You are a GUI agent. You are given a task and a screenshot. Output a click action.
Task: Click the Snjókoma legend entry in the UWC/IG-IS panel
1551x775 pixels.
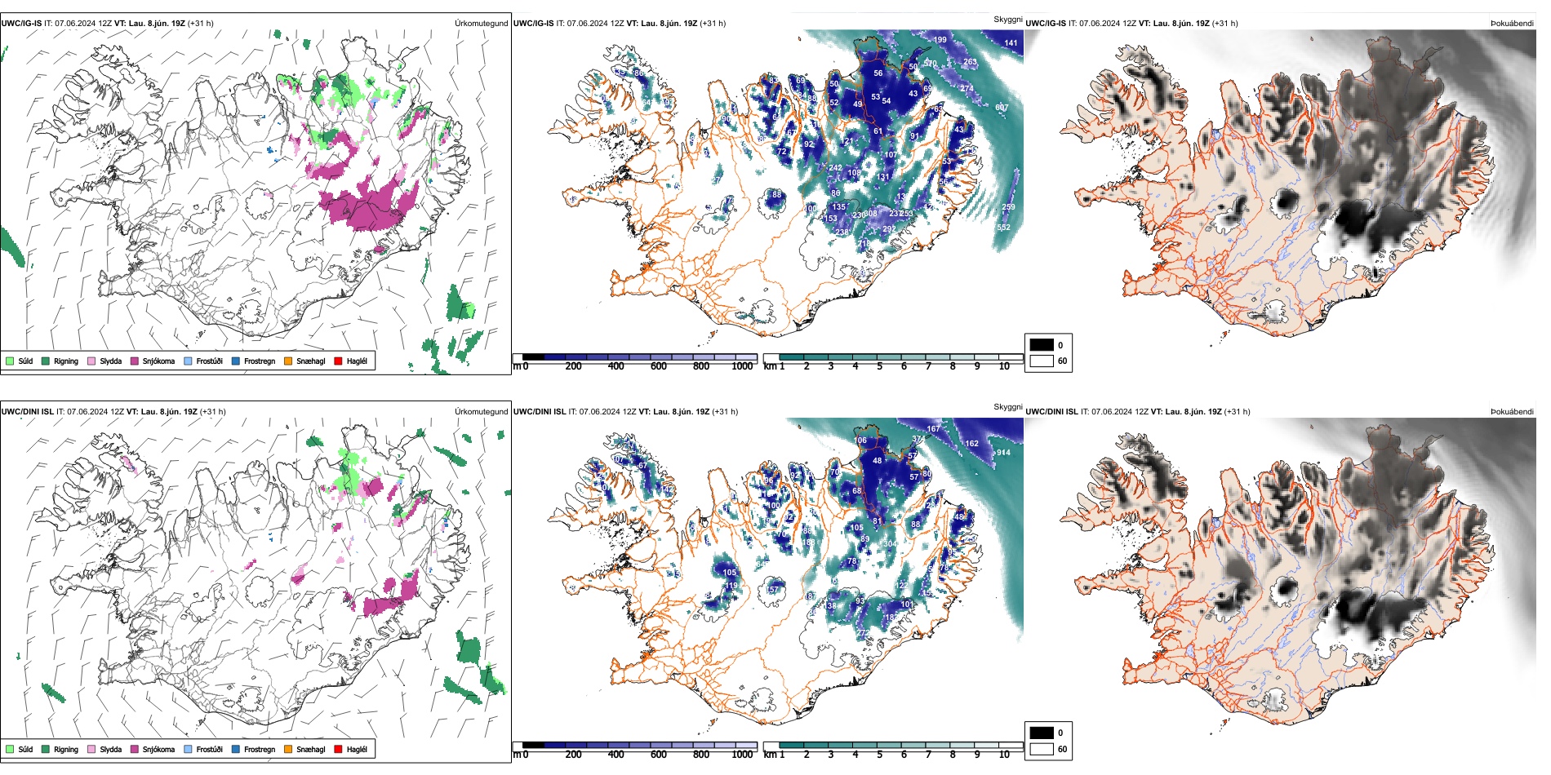(x=158, y=361)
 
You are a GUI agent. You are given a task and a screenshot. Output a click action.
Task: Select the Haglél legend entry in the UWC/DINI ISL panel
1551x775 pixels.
(x=356, y=750)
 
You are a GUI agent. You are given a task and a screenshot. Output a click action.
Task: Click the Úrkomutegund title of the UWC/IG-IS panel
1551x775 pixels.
(x=481, y=24)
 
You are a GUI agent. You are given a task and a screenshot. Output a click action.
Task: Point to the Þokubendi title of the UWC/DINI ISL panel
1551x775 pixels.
(x=1512, y=412)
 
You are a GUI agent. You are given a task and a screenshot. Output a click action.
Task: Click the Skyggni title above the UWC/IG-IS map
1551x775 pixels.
(x=1007, y=20)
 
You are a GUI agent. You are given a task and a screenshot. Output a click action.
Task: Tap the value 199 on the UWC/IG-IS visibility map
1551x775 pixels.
(x=940, y=40)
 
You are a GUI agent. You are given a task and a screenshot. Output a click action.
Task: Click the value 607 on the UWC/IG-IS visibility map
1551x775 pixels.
(x=1002, y=108)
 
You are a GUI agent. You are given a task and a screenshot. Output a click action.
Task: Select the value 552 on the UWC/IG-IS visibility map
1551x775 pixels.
(x=1003, y=228)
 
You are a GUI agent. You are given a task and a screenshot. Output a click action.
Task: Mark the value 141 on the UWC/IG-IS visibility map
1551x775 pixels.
(x=1011, y=43)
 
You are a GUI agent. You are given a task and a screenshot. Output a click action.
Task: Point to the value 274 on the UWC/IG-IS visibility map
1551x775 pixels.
(x=967, y=88)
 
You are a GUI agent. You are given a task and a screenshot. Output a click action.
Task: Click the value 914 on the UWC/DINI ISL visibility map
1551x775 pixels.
(x=1003, y=453)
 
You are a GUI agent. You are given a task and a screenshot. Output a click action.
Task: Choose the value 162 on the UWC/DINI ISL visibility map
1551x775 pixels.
(x=971, y=444)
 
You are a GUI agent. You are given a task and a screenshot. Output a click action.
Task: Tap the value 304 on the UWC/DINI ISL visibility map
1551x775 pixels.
(x=890, y=544)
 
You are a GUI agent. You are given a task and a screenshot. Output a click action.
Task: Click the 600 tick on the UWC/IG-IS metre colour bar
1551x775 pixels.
(x=658, y=366)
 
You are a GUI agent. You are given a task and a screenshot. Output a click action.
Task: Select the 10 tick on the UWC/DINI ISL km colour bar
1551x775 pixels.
(x=1004, y=755)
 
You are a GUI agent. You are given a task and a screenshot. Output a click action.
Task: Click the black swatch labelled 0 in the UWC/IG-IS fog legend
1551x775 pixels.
(x=1042, y=345)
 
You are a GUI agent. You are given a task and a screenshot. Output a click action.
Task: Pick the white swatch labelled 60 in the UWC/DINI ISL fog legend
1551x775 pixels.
(x=1042, y=749)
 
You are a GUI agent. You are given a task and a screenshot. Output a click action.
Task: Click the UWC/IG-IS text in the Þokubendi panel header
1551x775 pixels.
(x=1046, y=24)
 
